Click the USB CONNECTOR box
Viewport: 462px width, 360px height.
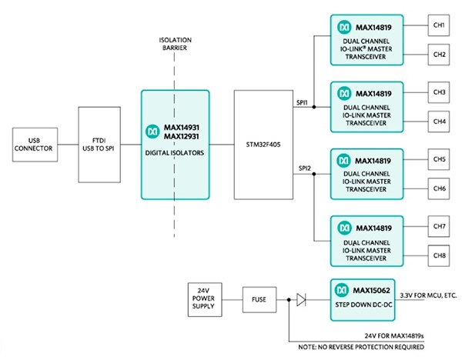click(33, 145)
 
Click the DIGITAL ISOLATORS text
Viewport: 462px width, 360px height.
click(175, 152)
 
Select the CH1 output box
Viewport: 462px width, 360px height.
click(440, 26)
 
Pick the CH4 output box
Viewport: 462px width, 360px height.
click(440, 122)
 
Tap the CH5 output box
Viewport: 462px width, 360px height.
click(440, 160)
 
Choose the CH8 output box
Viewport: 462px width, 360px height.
click(440, 255)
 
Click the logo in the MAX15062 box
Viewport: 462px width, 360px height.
click(341, 288)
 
